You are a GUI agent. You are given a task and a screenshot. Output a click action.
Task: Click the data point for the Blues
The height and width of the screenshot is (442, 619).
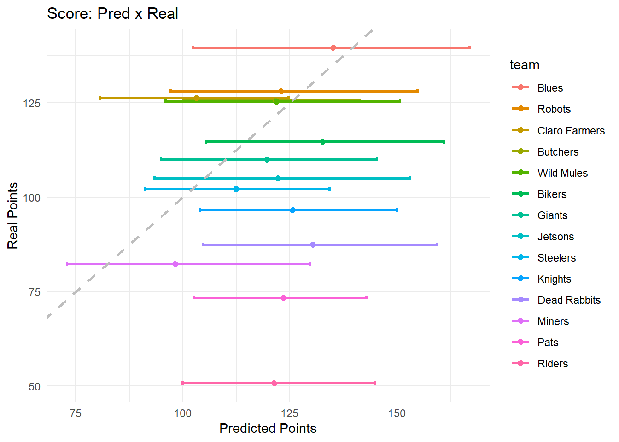[333, 48]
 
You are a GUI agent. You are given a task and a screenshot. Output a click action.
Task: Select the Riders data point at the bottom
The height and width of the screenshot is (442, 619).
[274, 384]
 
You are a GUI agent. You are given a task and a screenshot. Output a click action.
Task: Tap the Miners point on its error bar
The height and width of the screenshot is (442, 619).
[175, 264]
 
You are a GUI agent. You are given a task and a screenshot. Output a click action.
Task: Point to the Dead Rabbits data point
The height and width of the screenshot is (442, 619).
[313, 245]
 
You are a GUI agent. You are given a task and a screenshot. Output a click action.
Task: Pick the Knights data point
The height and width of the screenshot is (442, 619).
[292, 210]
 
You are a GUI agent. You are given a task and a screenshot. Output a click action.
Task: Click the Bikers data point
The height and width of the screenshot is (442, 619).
[322, 142]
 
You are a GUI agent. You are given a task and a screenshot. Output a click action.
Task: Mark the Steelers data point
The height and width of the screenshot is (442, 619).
[236, 189]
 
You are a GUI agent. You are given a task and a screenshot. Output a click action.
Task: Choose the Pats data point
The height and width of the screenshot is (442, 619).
[283, 298]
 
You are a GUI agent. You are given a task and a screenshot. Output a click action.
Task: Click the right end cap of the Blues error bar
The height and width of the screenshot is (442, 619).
[469, 48]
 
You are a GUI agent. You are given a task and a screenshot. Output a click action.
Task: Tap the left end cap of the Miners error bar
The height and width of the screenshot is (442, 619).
[67, 264]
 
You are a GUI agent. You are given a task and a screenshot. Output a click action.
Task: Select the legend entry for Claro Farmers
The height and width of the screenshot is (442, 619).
[571, 131]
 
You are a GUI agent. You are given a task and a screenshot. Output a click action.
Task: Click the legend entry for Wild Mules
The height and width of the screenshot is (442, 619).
[562, 173]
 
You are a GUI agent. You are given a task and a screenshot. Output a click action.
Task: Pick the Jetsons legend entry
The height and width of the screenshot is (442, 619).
[555, 237]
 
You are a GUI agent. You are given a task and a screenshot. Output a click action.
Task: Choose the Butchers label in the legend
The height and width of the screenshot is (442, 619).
[558, 152]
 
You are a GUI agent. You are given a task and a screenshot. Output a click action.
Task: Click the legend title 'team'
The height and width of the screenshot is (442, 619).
[524, 65]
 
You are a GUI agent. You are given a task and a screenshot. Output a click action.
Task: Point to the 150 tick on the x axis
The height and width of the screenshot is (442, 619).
[397, 413]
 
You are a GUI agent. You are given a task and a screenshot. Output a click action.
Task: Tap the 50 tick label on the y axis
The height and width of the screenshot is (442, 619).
[35, 387]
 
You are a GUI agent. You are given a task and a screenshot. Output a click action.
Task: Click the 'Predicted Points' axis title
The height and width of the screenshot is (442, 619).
[268, 429]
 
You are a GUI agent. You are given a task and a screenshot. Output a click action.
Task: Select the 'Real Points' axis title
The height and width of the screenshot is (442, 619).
[13, 215]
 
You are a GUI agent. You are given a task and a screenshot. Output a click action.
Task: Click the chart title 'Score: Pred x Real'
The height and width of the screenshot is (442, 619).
[112, 14]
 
